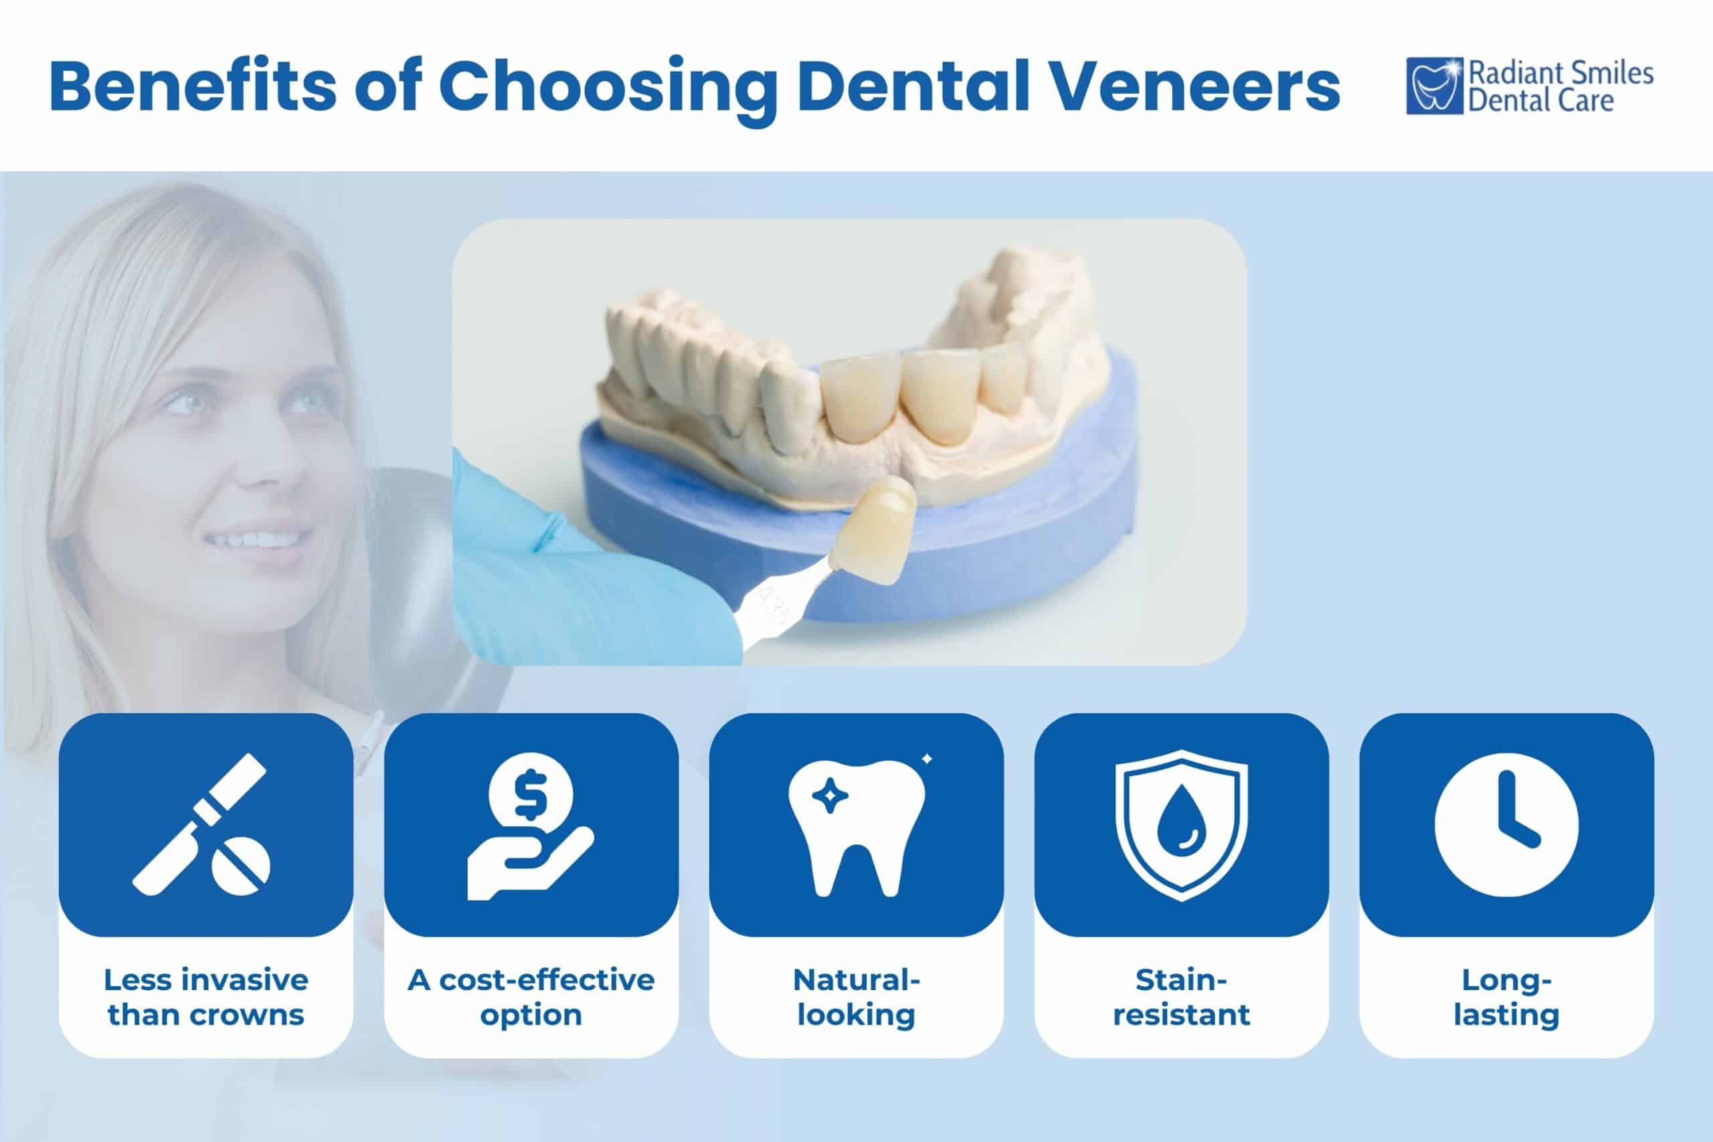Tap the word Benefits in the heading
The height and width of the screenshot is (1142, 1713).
(193, 85)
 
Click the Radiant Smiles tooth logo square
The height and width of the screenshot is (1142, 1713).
(1434, 86)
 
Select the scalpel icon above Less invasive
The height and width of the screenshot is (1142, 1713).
(201, 824)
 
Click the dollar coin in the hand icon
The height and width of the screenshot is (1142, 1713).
(530, 794)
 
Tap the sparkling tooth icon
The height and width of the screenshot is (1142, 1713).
(856, 828)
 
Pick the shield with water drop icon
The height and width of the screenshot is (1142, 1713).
(1181, 824)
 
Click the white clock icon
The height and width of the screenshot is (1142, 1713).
(1506, 824)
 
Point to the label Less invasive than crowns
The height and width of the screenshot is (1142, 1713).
(206, 997)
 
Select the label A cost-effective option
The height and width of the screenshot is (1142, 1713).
(531, 997)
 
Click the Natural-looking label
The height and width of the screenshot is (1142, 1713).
(856, 997)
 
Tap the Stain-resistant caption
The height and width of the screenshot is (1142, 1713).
(1181, 997)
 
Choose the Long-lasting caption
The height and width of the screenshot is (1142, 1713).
(1506, 997)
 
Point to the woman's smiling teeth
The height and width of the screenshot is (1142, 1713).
(256, 540)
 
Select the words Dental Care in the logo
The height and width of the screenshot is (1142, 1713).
(1540, 100)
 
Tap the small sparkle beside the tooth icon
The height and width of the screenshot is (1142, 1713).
(927, 759)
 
